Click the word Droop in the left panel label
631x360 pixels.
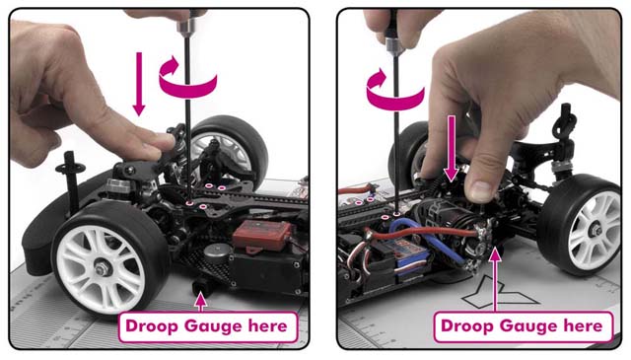(x=152, y=325)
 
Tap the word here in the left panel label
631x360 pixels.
(x=267, y=325)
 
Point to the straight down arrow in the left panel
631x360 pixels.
(x=139, y=84)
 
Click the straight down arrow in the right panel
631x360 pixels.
(x=452, y=148)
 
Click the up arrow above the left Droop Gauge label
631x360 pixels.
(x=200, y=303)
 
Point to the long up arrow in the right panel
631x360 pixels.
(x=495, y=279)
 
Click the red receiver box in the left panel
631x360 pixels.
(x=262, y=234)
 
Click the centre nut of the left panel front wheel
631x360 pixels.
(x=102, y=269)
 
